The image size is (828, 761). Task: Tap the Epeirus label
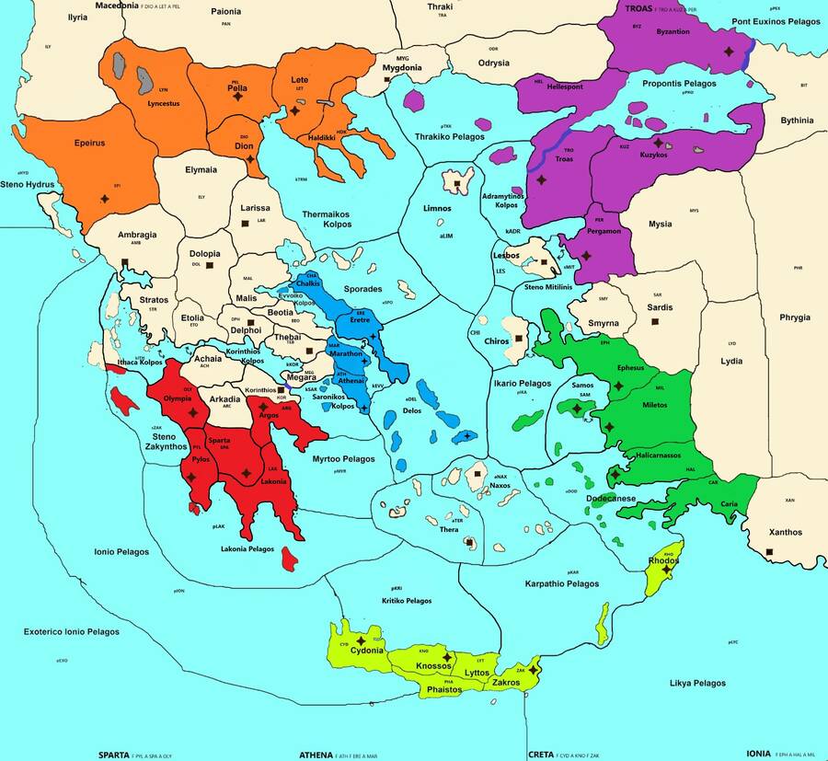click(89, 144)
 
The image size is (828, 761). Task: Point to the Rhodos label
click(663, 560)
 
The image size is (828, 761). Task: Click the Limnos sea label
click(437, 209)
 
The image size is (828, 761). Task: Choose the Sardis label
click(659, 307)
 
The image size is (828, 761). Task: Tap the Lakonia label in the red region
click(273, 480)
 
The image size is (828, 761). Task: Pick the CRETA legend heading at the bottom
click(540, 754)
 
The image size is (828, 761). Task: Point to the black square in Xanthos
click(769, 551)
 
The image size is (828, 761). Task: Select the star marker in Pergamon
click(586, 256)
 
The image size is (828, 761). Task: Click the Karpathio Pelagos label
click(561, 584)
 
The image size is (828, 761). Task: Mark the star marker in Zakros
click(533, 669)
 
